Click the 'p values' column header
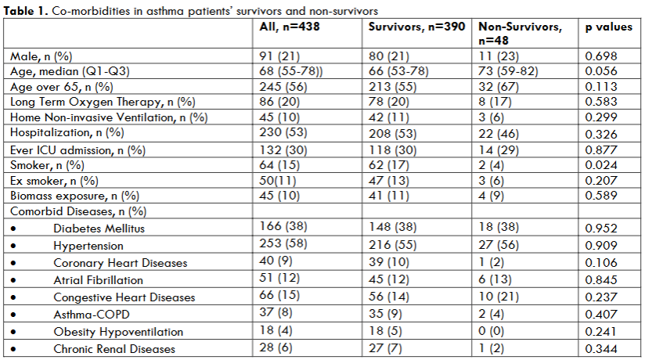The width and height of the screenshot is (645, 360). pyautogui.click(x=609, y=27)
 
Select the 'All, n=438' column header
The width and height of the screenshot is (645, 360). pyautogui.click(x=290, y=27)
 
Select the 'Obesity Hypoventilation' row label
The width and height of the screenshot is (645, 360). pyautogui.click(x=118, y=332)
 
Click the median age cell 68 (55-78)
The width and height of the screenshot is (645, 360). pyautogui.click(x=291, y=70)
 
